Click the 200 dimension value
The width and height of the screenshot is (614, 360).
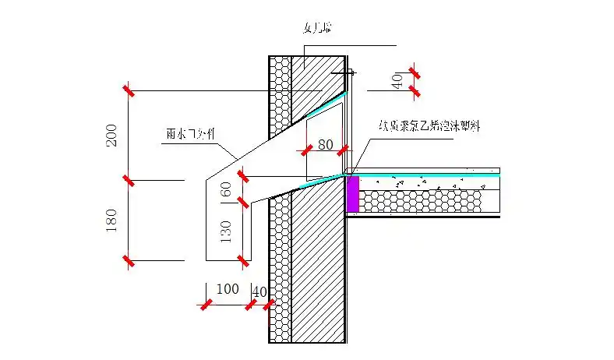[x=111, y=136]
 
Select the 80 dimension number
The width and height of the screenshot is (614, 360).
[x=325, y=144]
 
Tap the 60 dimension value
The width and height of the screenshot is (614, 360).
[x=227, y=190]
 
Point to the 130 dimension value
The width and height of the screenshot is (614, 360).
[x=227, y=231]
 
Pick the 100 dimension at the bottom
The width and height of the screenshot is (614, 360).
[x=228, y=289]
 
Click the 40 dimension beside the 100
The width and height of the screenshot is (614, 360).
[x=260, y=291]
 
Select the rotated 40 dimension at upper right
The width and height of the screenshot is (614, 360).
[x=397, y=81]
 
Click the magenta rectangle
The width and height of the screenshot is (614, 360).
[x=352, y=193]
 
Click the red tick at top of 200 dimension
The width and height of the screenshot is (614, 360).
[x=129, y=90]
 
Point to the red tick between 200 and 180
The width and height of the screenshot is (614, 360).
[x=129, y=181]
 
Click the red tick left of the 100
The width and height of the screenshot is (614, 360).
[x=206, y=305]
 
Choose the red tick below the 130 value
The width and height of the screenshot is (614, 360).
[x=244, y=259]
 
